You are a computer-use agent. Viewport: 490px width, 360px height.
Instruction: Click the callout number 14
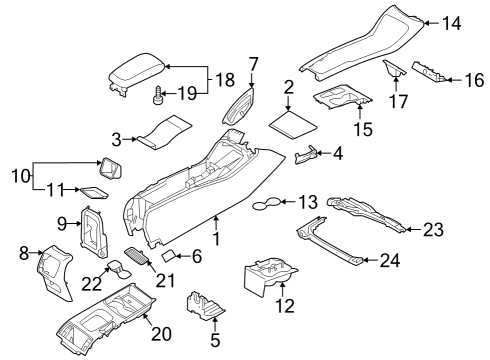[452, 22]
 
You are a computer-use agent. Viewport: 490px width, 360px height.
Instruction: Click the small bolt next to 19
[157, 97]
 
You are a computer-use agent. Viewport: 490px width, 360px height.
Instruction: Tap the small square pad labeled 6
[170, 255]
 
